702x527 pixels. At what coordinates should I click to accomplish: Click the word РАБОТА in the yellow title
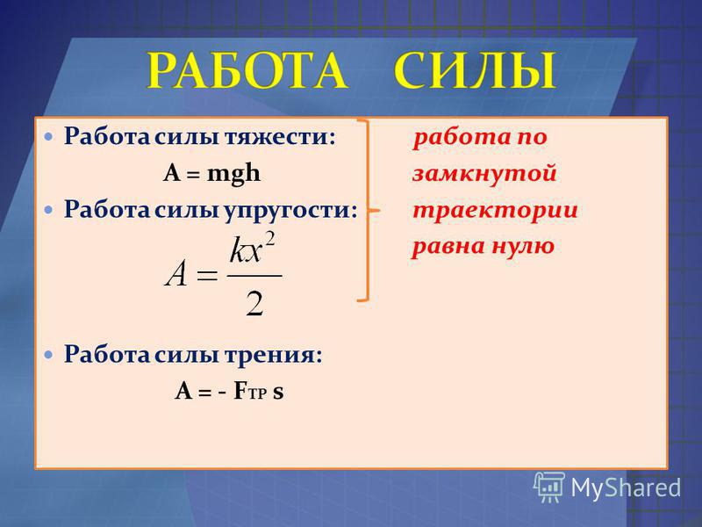click(x=247, y=70)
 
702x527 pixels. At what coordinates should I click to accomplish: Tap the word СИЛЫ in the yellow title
click(x=476, y=70)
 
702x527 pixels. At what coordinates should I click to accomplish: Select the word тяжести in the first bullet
click(x=279, y=136)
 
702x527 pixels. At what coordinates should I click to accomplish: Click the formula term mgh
click(x=233, y=174)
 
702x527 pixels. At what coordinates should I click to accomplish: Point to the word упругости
click(x=290, y=210)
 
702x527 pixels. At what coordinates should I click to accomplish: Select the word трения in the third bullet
click(x=273, y=355)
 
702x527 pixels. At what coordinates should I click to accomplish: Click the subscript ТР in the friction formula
click(x=257, y=393)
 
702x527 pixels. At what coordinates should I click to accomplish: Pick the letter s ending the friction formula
click(x=278, y=392)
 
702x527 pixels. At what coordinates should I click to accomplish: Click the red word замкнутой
click(x=484, y=173)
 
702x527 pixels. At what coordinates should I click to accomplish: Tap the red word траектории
click(x=495, y=210)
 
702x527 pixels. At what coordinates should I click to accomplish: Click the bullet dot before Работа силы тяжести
click(x=48, y=136)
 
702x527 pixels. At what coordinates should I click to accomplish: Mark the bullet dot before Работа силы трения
click(x=48, y=355)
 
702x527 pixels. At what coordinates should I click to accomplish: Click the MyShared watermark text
click(x=626, y=487)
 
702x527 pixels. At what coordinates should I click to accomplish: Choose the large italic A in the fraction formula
click(x=176, y=274)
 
